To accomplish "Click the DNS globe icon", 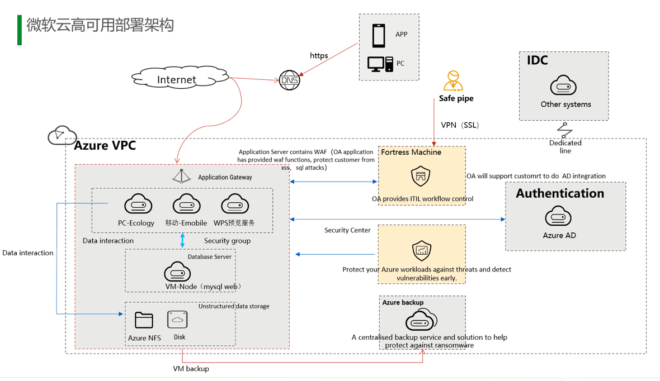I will pyautogui.click(x=290, y=80).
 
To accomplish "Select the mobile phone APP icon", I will pyautogui.click(x=379, y=35).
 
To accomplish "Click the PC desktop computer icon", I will pyautogui.click(x=380, y=64).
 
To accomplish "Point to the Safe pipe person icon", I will pyautogui.click(x=453, y=81).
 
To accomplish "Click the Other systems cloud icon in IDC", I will pyautogui.click(x=563, y=86).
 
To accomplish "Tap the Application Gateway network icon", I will pyautogui.click(x=181, y=177).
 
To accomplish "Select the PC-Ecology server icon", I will pyautogui.click(x=138, y=204).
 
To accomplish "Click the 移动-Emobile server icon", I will pyautogui.click(x=186, y=204).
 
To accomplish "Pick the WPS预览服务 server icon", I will pyautogui.click(x=235, y=204).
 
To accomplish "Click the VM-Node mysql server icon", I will pyautogui.click(x=177, y=272).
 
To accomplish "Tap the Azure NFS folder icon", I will pyautogui.click(x=144, y=320).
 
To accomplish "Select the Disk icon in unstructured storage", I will pyautogui.click(x=177, y=320).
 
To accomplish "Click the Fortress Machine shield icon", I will pyautogui.click(x=421, y=176).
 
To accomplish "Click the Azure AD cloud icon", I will pyautogui.click(x=558, y=216).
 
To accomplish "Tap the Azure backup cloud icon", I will pyautogui.click(x=421, y=321).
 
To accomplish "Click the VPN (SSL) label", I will pyautogui.click(x=460, y=125).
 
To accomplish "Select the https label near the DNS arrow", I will pyautogui.click(x=319, y=55).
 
